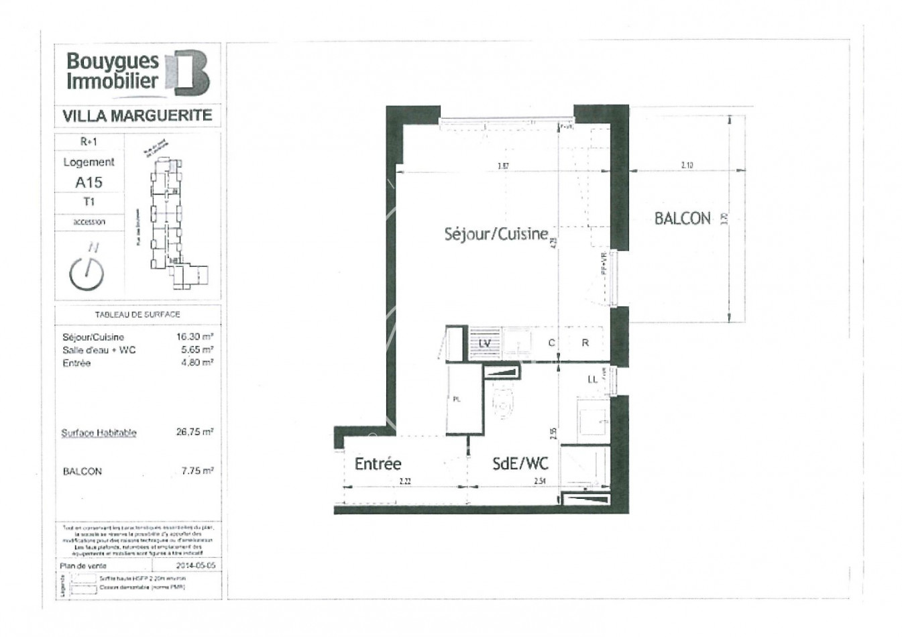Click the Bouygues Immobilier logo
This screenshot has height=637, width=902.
[137, 72]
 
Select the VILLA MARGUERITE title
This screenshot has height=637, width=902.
[137, 115]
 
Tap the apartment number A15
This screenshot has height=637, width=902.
[89, 182]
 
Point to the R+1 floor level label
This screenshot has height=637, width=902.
[89, 141]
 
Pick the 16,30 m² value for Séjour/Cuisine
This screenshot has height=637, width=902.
[194, 337]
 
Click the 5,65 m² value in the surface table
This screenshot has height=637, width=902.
[194, 349]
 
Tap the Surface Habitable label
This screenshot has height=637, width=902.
[99, 432]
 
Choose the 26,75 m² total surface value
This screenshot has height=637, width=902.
[194, 432]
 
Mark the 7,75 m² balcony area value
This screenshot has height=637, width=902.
[197, 471]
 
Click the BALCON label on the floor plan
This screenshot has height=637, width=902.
[682, 219]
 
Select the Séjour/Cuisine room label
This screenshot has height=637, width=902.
[496, 234]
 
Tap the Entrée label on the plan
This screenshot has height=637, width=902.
[378, 463]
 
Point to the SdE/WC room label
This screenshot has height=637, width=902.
[520, 463]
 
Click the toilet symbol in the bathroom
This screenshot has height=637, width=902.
[502, 402]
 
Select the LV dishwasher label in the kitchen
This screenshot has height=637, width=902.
[485, 343]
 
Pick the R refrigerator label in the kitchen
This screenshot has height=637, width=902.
[585, 343]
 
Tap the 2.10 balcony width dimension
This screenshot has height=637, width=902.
[687, 164]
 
